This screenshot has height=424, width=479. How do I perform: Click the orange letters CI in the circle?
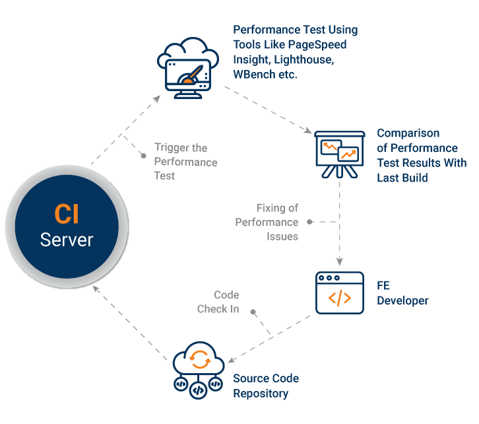pyautogui.click(x=66, y=215)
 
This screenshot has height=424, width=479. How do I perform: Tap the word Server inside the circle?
pyautogui.click(x=66, y=239)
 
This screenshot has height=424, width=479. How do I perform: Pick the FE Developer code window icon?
pyautogui.click(x=339, y=293)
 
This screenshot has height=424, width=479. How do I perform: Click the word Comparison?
pyautogui.click(x=408, y=133)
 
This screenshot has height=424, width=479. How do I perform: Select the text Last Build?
pyautogui.click(x=402, y=178)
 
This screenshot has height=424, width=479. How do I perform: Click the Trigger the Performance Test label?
pyautogui.click(x=185, y=162)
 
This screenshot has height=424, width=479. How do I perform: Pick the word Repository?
pyautogui.click(x=261, y=394)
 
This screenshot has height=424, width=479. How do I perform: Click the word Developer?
pyautogui.click(x=402, y=300)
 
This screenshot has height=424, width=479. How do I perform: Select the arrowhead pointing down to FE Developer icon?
pyautogui.click(x=339, y=260)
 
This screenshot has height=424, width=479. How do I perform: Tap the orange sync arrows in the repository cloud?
pyautogui.click(x=198, y=359)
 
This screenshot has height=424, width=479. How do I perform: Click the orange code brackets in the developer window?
pyautogui.click(x=339, y=299)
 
